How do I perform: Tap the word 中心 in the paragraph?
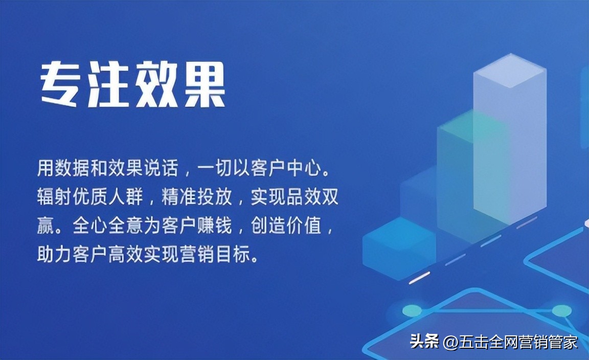311,168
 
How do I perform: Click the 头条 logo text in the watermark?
424,342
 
